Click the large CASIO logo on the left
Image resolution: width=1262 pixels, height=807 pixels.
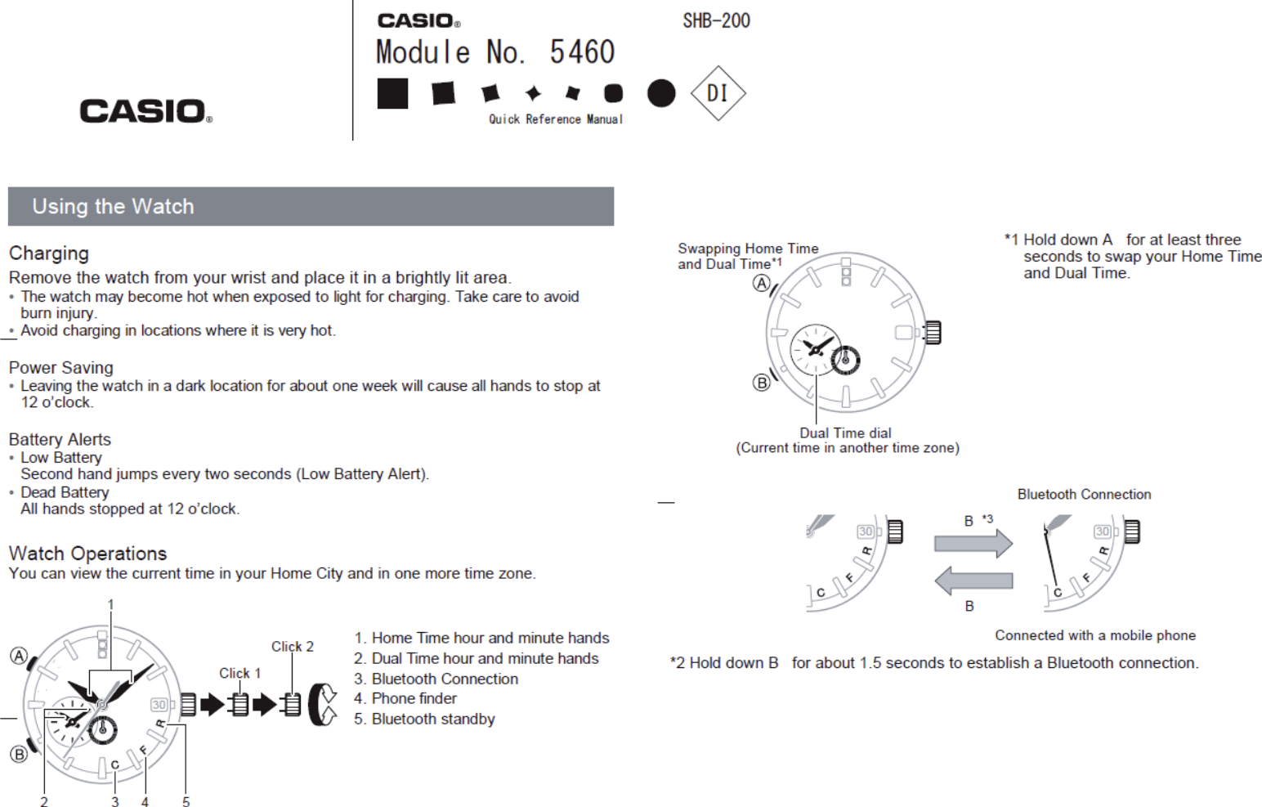click(145, 111)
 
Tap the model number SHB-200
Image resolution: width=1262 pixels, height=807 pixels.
click(716, 21)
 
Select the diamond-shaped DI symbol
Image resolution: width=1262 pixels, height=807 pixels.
click(718, 93)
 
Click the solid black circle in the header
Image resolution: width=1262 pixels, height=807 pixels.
click(661, 93)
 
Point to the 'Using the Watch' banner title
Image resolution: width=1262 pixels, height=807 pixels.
click(113, 207)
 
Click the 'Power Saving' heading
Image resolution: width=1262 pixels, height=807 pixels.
click(61, 368)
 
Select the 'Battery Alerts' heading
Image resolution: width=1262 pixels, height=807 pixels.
click(60, 440)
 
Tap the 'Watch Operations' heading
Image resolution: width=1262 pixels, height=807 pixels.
click(87, 554)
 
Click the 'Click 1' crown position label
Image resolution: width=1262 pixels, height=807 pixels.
click(239, 673)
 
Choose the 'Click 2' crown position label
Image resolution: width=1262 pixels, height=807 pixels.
click(292, 647)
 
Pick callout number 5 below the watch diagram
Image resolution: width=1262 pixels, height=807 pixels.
click(186, 802)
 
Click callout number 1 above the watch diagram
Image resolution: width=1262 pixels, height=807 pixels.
click(110, 605)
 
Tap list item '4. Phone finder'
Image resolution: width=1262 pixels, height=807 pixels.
click(405, 698)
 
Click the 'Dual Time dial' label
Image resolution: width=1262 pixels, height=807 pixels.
click(845, 433)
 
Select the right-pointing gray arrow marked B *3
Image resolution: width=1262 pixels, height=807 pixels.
click(973, 543)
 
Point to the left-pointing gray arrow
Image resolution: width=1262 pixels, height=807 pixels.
click(973, 581)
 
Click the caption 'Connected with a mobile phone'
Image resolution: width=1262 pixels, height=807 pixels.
click(1094, 635)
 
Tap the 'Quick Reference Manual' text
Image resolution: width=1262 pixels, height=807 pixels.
click(556, 119)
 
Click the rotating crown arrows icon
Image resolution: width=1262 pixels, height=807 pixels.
click(323, 704)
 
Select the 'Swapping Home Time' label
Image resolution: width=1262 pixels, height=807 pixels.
click(748, 249)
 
